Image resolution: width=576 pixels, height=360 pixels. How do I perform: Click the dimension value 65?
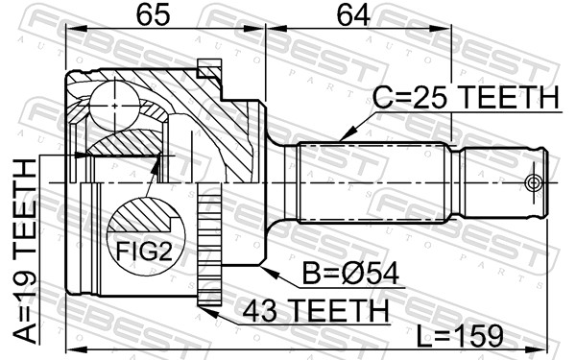coord(154,15)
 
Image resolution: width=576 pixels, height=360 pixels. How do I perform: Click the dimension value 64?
coord(353,15)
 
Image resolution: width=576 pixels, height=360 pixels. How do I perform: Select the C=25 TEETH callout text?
coord(466,97)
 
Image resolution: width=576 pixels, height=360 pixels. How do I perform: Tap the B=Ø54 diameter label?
coord(350,274)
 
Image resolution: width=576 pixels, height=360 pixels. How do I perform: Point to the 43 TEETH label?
coord(316,310)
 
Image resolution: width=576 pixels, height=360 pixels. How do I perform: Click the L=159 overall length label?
coord(460,335)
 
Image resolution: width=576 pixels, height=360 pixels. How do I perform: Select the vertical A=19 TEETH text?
coord(26,251)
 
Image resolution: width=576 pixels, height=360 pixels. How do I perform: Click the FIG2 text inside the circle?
coord(144,252)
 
